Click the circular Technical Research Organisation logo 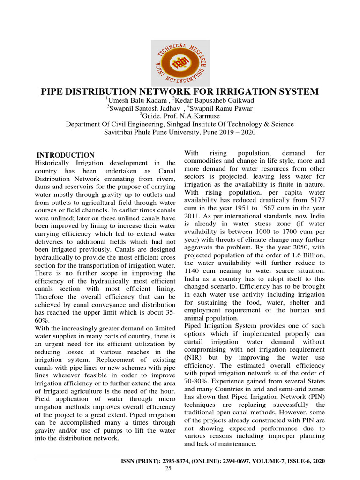coord(180,61)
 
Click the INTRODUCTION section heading coord(66,155)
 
